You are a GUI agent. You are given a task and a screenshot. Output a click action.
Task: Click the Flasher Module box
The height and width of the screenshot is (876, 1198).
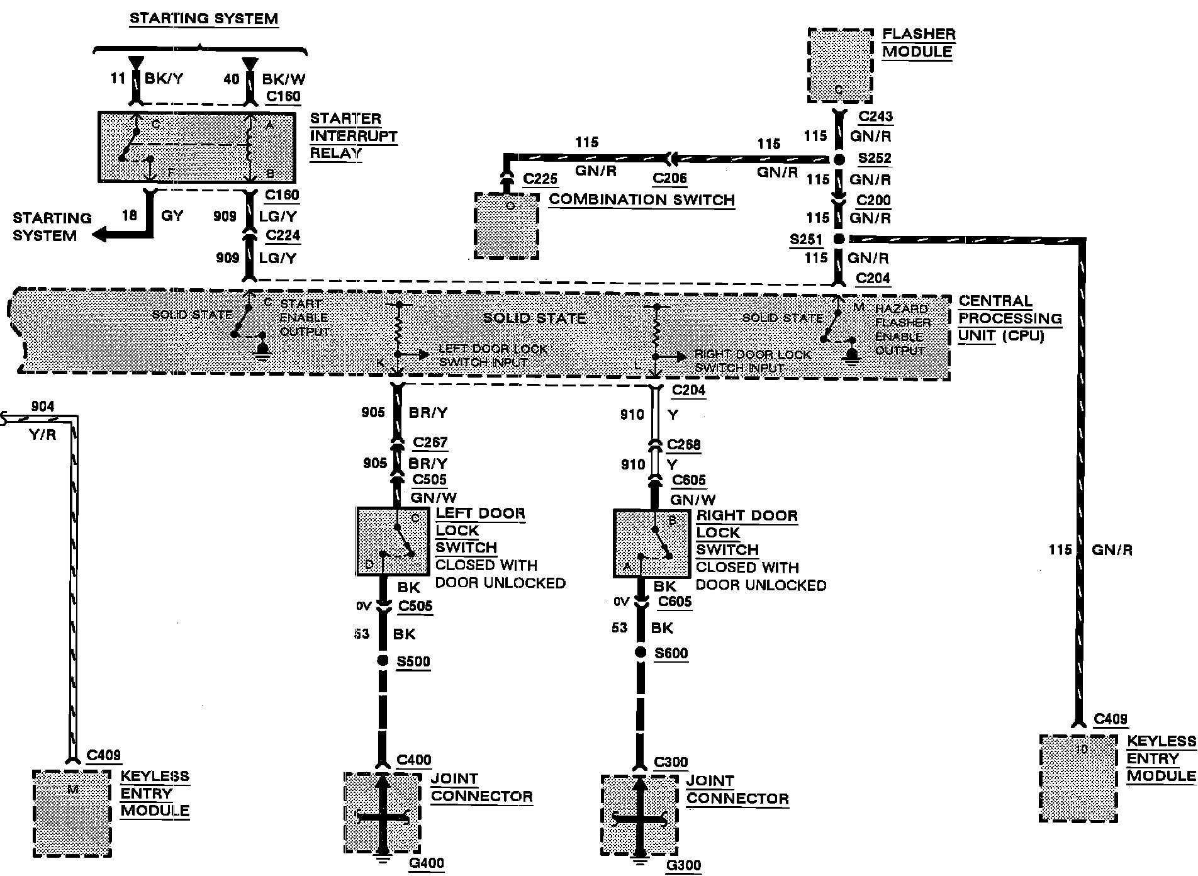[x=840, y=65]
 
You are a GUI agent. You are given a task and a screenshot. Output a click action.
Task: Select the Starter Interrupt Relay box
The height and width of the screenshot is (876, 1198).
[x=196, y=147]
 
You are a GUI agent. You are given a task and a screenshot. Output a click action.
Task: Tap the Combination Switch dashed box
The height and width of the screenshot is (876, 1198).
[x=507, y=226]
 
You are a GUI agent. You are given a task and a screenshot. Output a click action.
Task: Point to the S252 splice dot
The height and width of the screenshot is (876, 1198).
[x=839, y=160]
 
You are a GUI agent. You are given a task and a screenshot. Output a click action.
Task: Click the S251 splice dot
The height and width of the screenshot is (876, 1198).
[x=838, y=239]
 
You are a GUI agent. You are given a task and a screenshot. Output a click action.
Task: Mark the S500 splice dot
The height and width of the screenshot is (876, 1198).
[x=382, y=661]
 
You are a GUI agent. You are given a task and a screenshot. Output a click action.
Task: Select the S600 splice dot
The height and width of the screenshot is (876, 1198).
[x=640, y=653]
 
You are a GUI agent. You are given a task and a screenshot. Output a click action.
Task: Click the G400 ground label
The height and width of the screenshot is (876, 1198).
[x=426, y=862]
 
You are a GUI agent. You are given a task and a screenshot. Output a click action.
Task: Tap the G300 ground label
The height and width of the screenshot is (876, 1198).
[x=683, y=865]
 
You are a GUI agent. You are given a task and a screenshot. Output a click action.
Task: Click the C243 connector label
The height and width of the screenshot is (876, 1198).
[x=875, y=116]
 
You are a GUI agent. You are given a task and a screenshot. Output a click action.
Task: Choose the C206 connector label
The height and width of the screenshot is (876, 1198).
[x=669, y=178]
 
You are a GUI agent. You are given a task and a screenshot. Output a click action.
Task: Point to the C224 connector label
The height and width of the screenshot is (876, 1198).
[x=283, y=235]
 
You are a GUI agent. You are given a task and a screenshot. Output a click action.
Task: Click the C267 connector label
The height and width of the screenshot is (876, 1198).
[x=430, y=442]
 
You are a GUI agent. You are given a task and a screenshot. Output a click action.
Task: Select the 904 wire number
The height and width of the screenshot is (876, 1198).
[x=43, y=407]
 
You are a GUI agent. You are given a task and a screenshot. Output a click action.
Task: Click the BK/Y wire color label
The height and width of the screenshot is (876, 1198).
[x=163, y=79]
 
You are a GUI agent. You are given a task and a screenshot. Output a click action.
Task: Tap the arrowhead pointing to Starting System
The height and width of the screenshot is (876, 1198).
[x=99, y=235]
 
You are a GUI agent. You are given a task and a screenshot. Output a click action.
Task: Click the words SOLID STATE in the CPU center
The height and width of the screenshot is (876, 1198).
[x=534, y=318]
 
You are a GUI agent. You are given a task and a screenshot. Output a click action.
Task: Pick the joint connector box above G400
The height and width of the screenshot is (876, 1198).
[x=382, y=812]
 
